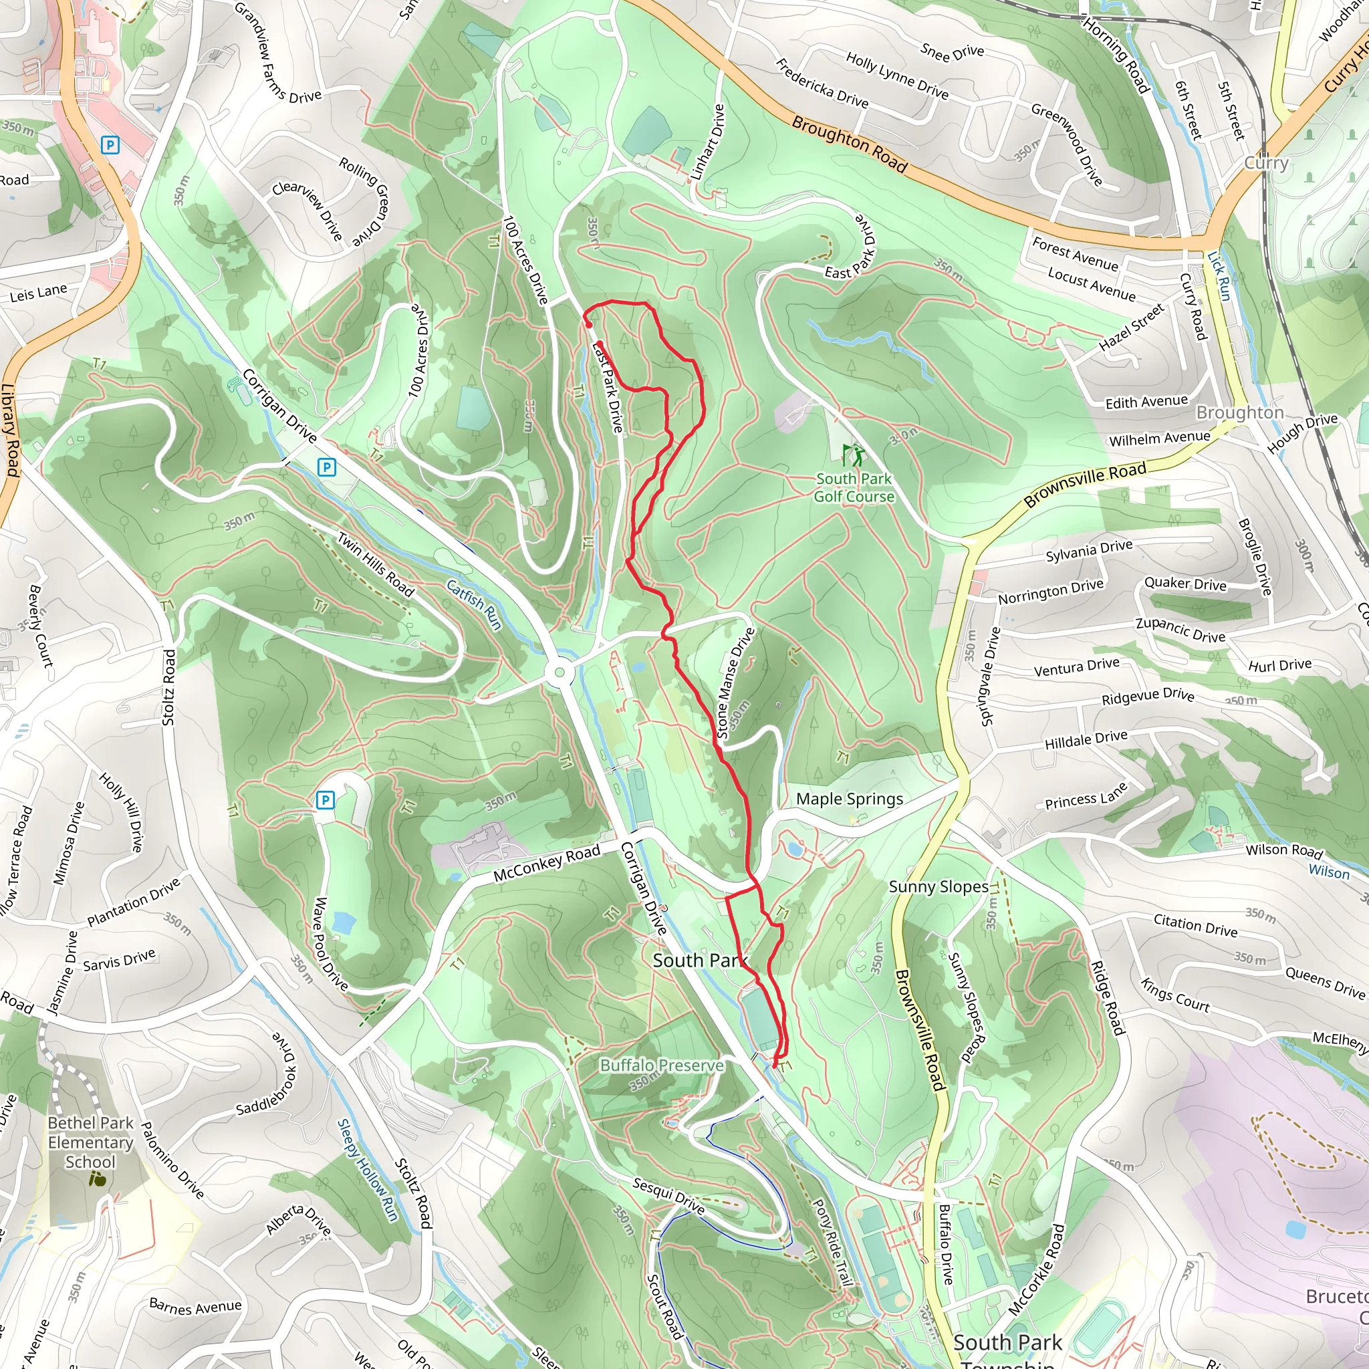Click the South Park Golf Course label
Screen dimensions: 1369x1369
pyautogui.click(x=854, y=487)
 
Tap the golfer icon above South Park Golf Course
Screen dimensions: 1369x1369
pyautogui.click(x=853, y=454)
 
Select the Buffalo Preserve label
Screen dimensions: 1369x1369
pyautogui.click(x=662, y=1065)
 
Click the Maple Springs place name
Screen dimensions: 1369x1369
pyautogui.click(x=849, y=799)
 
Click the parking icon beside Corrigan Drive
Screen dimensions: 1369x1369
pyautogui.click(x=326, y=467)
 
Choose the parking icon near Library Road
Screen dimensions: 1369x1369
pyautogui.click(x=110, y=145)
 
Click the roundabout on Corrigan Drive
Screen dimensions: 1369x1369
pyautogui.click(x=560, y=672)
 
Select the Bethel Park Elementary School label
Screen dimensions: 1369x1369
pyautogui.click(x=91, y=1142)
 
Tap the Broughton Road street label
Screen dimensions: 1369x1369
pyautogui.click(x=849, y=144)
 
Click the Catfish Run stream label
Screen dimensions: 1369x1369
pyautogui.click(x=474, y=604)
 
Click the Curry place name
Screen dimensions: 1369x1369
pyautogui.click(x=1266, y=163)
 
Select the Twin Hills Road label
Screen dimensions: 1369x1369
pyautogui.click(x=375, y=564)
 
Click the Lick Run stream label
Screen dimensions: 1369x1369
pyautogui.click(x=1219, y=275)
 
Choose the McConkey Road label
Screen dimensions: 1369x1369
pyautogui.click(x=546, y=862)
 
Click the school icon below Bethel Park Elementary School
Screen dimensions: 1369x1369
pyautogui.click(x=98, y=1179)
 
